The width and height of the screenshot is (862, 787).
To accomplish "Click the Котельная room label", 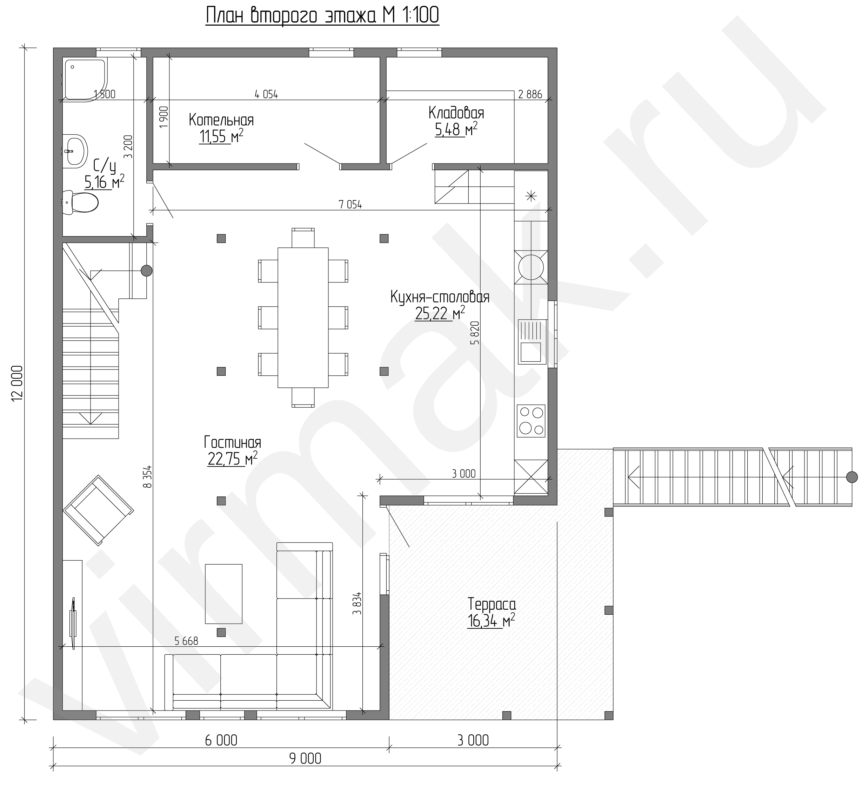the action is coord(221,120).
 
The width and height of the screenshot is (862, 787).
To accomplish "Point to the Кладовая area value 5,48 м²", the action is coord(456,129).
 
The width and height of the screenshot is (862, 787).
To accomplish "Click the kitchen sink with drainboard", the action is coord(532,342).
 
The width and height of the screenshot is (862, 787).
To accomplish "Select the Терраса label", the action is coord(492,604).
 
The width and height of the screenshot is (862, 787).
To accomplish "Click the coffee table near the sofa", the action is coord(223,594).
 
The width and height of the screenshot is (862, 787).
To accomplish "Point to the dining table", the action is coord(303,318).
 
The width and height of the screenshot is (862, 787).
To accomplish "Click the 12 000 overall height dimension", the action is coord(17,383).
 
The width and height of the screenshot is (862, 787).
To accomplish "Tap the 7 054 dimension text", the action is coord(350,205).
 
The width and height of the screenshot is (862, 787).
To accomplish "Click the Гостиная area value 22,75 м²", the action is coord(233,459).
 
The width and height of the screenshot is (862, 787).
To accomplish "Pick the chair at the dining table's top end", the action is coord(303,238).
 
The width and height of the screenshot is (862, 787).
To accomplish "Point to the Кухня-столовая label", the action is coord(440,297).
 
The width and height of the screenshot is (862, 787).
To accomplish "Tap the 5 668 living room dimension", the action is coord(186,641).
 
